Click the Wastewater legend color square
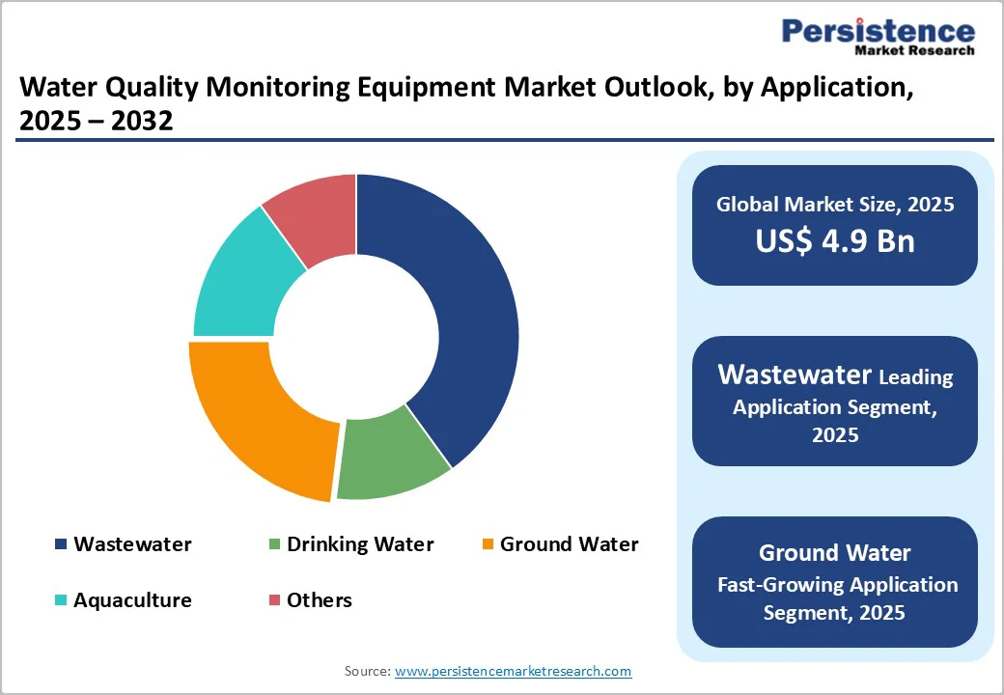click(61, 544)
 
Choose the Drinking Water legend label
click(360, 544)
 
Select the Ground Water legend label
click(569, 544)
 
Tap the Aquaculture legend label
click(132, 600)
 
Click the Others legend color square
click(274, 600)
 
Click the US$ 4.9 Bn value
click(835, 240)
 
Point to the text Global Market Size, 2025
click(835, 204)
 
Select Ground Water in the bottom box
click(835, 553)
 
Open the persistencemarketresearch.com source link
click(514, 671)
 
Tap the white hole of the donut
click(354, 338)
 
